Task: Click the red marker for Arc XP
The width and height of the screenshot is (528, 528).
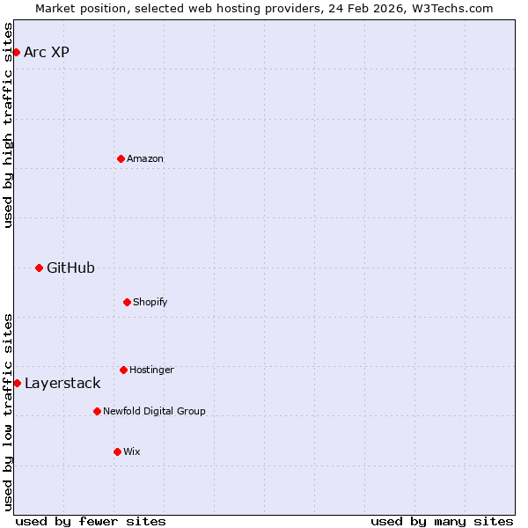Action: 16,52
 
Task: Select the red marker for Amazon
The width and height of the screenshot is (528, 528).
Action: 121,158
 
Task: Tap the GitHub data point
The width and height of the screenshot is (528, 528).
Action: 39,268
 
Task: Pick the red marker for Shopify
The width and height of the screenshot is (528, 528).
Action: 127,302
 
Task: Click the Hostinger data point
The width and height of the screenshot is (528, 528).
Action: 123,370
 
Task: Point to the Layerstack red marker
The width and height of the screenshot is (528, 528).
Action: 17,383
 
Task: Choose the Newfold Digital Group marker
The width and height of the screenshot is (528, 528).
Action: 97,411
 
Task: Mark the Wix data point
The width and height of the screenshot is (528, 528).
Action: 117,451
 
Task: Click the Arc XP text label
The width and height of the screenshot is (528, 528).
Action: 47,52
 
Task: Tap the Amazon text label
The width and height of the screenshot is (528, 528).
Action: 145,158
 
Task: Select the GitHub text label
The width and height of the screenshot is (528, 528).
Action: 70,268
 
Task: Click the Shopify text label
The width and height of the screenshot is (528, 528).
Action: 150,302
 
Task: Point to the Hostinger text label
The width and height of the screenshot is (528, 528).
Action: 151,370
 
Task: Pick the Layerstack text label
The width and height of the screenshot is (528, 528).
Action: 62,383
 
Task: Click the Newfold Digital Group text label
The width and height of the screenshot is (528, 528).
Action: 154,411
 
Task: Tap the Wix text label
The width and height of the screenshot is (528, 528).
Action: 132,451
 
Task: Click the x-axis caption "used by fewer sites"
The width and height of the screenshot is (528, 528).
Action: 91,521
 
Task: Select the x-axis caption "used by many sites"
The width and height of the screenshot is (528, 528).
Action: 442,521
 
